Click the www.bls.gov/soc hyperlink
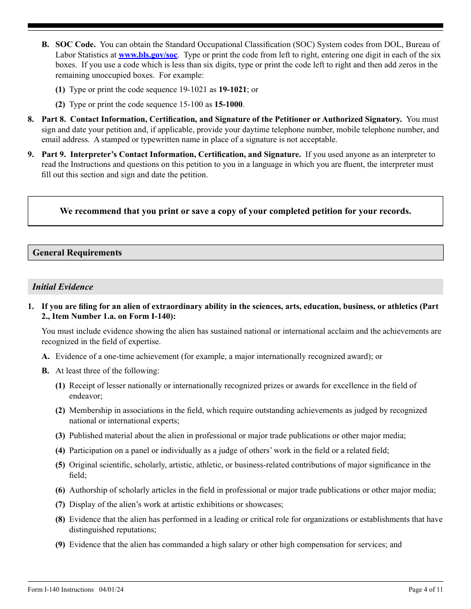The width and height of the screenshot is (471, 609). click(147, 55)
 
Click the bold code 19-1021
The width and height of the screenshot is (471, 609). click(233, 90)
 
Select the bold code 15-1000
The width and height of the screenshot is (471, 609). click(228, 104)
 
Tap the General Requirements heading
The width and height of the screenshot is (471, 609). click(77, 253)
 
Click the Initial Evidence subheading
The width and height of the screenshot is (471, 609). click(62, 287)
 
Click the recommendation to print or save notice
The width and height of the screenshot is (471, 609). click(235, 211)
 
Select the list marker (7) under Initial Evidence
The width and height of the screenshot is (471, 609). click(60, 505)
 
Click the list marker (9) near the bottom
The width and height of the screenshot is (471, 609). click(60, 545)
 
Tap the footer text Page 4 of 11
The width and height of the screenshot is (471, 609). click(425, 589)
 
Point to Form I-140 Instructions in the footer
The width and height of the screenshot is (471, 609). click(60, 589)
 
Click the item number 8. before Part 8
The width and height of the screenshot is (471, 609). click(31, 119)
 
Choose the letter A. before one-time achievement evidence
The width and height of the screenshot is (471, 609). click(46, 356)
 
